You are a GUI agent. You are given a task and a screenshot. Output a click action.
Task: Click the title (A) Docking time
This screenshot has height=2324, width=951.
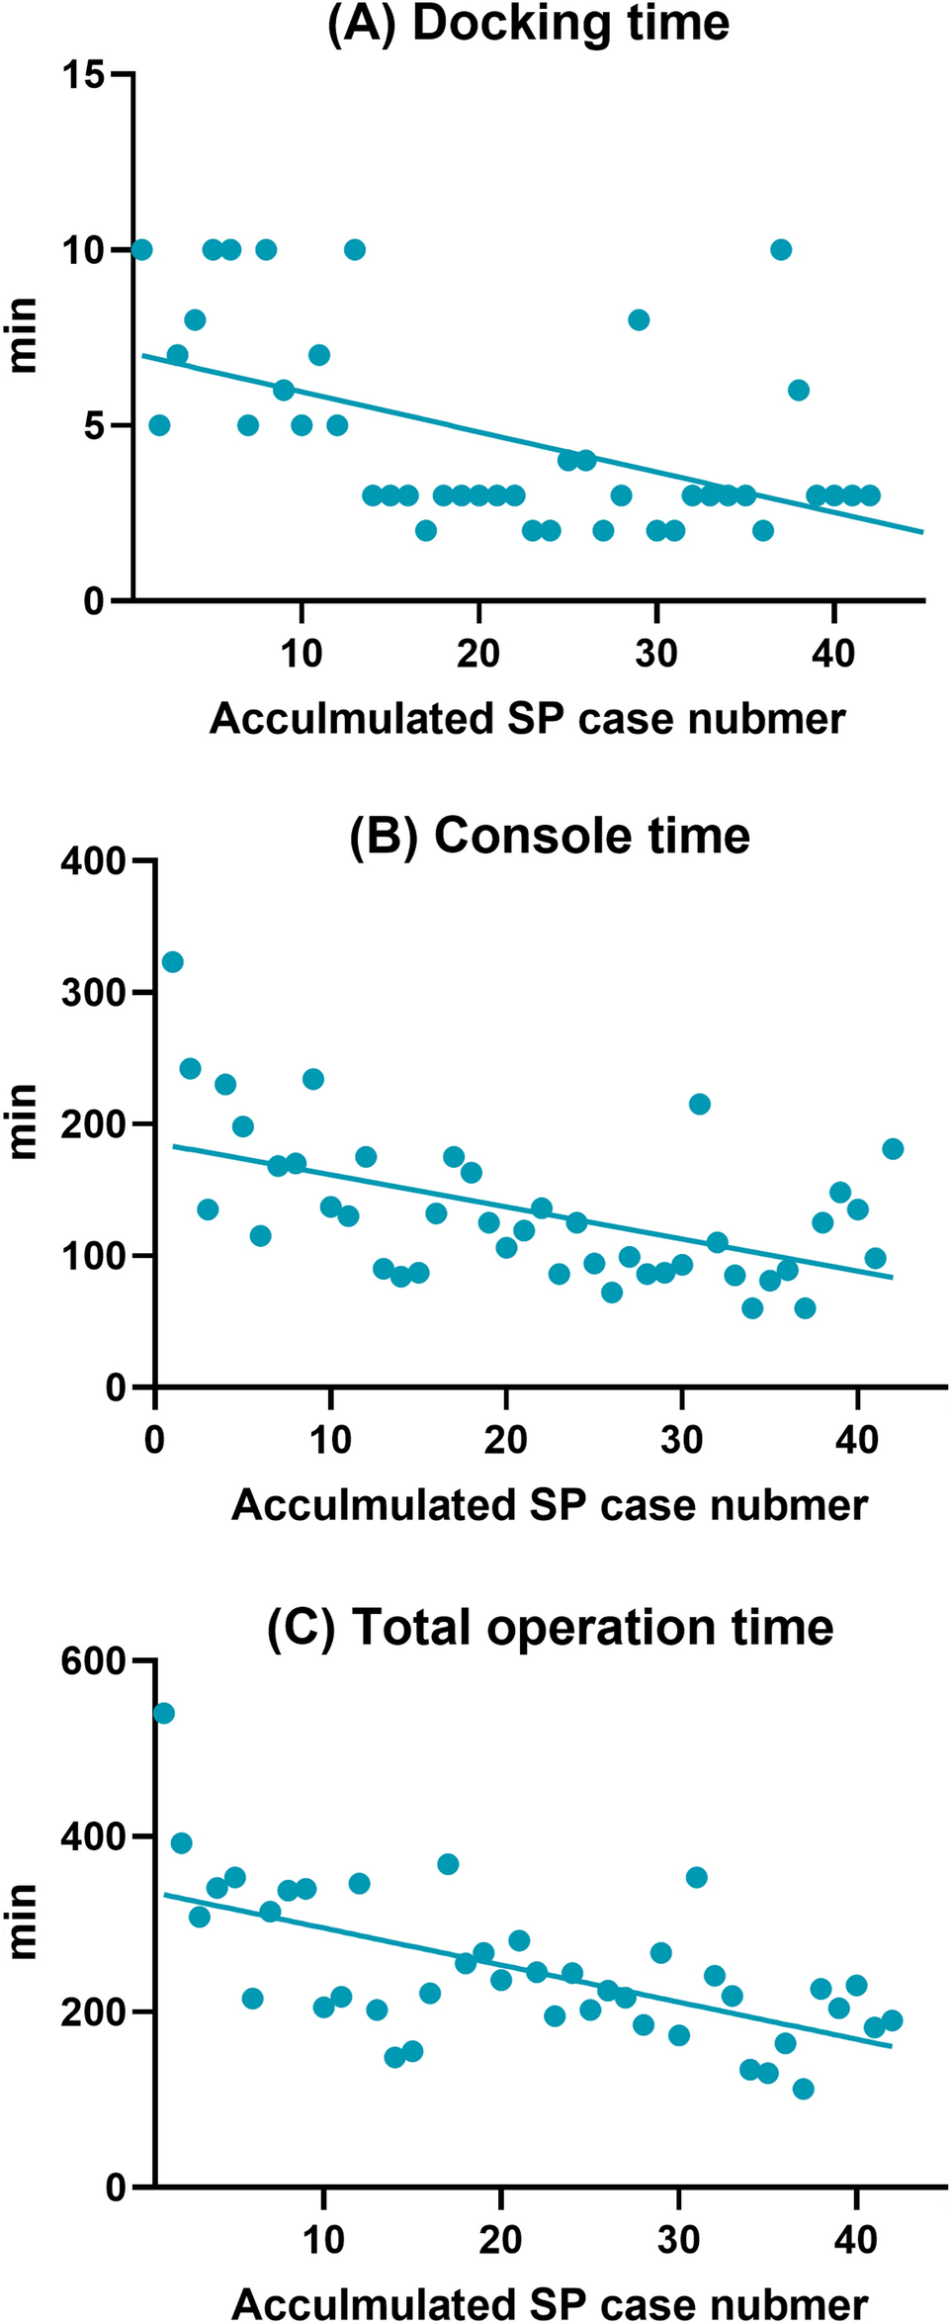pos(528,23)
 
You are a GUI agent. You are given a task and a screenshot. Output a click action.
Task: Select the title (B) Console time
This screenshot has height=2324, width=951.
pos(550,836)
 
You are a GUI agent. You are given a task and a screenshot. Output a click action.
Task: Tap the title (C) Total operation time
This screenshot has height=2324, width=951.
pos(550,1627)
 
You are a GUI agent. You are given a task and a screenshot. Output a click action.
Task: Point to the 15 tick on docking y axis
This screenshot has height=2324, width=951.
pos(84,74)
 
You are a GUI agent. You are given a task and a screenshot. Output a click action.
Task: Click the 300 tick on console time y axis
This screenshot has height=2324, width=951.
pos(94,993)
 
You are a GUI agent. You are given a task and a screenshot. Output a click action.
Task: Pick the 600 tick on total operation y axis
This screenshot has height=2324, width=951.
pos(94,1661)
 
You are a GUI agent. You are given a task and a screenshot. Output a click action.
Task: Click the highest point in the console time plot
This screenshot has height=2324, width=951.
pos(172,962)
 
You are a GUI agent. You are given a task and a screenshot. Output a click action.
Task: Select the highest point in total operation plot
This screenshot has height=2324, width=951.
pos(164,1713)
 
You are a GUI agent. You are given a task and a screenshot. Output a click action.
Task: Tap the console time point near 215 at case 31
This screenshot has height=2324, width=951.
pos(699,1105)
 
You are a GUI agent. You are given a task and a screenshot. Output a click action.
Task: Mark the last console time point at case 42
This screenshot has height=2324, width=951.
pos(893,1149)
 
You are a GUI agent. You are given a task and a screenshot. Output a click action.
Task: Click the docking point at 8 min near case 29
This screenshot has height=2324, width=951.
pos(639,319)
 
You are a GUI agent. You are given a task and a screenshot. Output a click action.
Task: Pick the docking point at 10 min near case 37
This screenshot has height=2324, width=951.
pos(781,249)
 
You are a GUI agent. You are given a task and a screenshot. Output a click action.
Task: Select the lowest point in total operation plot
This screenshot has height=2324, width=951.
pos(803,2089)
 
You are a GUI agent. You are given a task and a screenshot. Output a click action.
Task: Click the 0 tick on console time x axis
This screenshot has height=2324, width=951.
pos(154,1439)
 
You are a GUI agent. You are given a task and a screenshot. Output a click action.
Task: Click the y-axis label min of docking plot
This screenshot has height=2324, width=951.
pos(24,336)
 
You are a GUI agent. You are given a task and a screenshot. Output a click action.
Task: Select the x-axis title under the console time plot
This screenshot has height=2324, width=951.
pos(550,1505)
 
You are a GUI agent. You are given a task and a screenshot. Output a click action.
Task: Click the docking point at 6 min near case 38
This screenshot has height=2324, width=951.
pos(799,390)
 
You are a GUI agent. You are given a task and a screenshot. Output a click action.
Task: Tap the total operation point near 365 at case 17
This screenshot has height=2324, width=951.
pos(448,1864)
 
